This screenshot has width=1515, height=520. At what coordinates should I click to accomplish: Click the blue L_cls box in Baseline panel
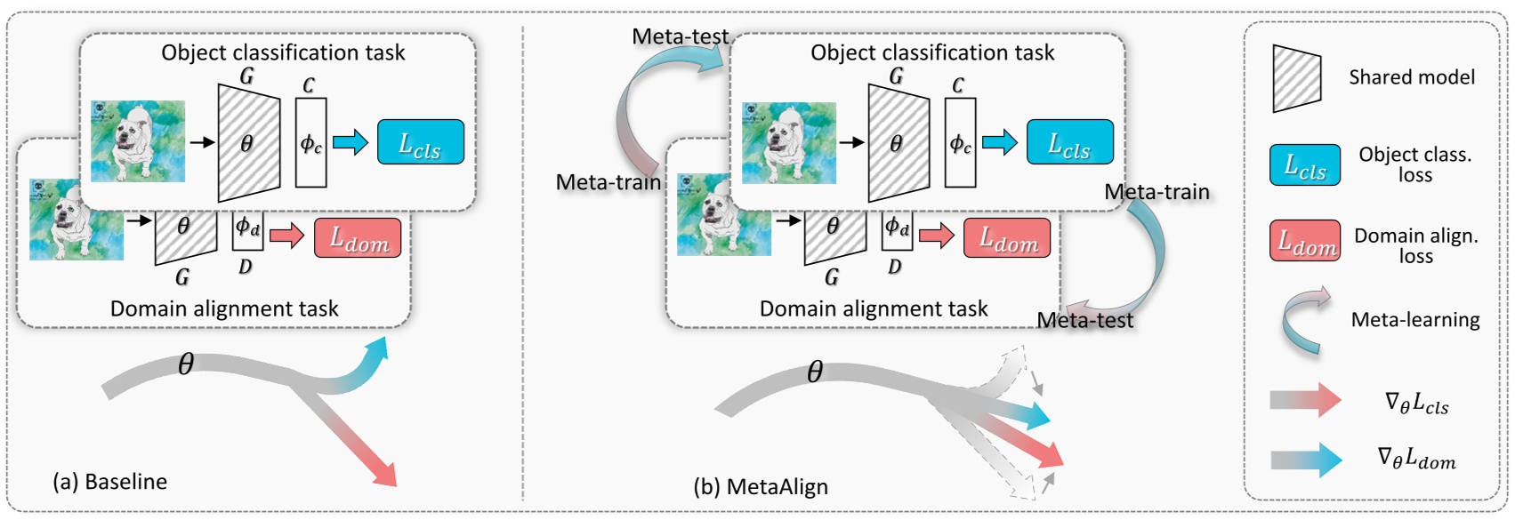421,142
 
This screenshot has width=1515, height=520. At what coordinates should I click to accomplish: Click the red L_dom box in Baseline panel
358,238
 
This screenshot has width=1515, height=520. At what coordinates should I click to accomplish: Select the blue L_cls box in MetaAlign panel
1070,142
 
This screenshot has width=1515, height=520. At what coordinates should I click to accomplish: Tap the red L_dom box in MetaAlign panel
1007,238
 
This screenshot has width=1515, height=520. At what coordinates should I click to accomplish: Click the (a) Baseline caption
110,482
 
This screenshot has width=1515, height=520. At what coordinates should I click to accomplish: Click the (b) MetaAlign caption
761,487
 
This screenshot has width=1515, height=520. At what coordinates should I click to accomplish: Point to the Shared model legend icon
1296,79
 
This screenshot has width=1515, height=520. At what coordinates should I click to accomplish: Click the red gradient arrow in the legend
1305,400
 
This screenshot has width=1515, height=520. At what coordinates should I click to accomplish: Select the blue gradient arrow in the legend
1306,460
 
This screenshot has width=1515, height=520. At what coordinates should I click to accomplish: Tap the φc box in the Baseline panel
310,143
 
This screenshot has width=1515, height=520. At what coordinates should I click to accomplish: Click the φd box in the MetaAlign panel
897,228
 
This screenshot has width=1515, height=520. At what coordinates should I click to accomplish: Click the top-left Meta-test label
681,36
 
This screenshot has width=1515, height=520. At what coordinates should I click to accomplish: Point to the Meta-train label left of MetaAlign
608,182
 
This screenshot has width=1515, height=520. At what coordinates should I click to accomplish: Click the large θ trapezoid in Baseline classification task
248,142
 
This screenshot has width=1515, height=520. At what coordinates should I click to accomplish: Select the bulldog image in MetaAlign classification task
789,143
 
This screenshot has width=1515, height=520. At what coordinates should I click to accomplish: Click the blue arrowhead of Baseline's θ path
378,348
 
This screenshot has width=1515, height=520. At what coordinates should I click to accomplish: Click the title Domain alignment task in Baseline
224,308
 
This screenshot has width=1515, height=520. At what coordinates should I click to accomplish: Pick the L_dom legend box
1304,241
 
